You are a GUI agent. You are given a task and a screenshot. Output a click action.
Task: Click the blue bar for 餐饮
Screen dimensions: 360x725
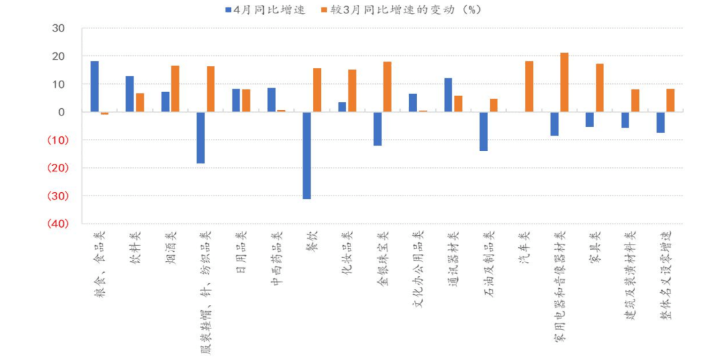coord(306,155)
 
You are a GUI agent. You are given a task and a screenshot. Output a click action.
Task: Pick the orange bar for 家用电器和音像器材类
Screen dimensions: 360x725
coord(564,83)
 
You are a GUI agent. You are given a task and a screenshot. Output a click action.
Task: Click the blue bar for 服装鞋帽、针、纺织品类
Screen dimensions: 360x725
coord(200,138)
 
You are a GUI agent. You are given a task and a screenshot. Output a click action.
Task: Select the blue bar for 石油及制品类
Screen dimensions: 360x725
coord(483,131)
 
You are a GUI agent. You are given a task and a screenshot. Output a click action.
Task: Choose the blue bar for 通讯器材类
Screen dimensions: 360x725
coord(448,95)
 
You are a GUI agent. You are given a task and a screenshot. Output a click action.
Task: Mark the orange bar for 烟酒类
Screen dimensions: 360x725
coord(175,89)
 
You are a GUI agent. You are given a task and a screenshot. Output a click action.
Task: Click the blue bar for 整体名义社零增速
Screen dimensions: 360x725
coord(661,122)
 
